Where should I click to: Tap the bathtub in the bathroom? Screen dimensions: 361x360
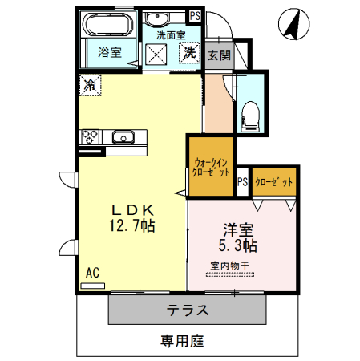pyautogui.click(x=110, y=24)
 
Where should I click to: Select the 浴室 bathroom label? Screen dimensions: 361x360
pyautogui.click(x=110, y=53)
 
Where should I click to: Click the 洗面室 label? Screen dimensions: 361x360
pyautogui.click(x=170, y=35)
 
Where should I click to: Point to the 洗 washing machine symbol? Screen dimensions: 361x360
pyautogui.click(x=190, y=54)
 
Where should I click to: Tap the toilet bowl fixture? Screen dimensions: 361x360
pyautogui.click(x=251, y=116)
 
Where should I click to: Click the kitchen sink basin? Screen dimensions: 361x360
pyautogui.click(x=123, y=136)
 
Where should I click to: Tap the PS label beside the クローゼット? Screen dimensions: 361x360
pyautogui.click(x=242, y=182)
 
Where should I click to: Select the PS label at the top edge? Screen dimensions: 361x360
pyautogui.click(x=194, y=14)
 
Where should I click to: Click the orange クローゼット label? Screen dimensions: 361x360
pyautogui.click(x=274, y=182)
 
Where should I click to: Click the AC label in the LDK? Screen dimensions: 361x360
pyautogui.click(x=92, y=274)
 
